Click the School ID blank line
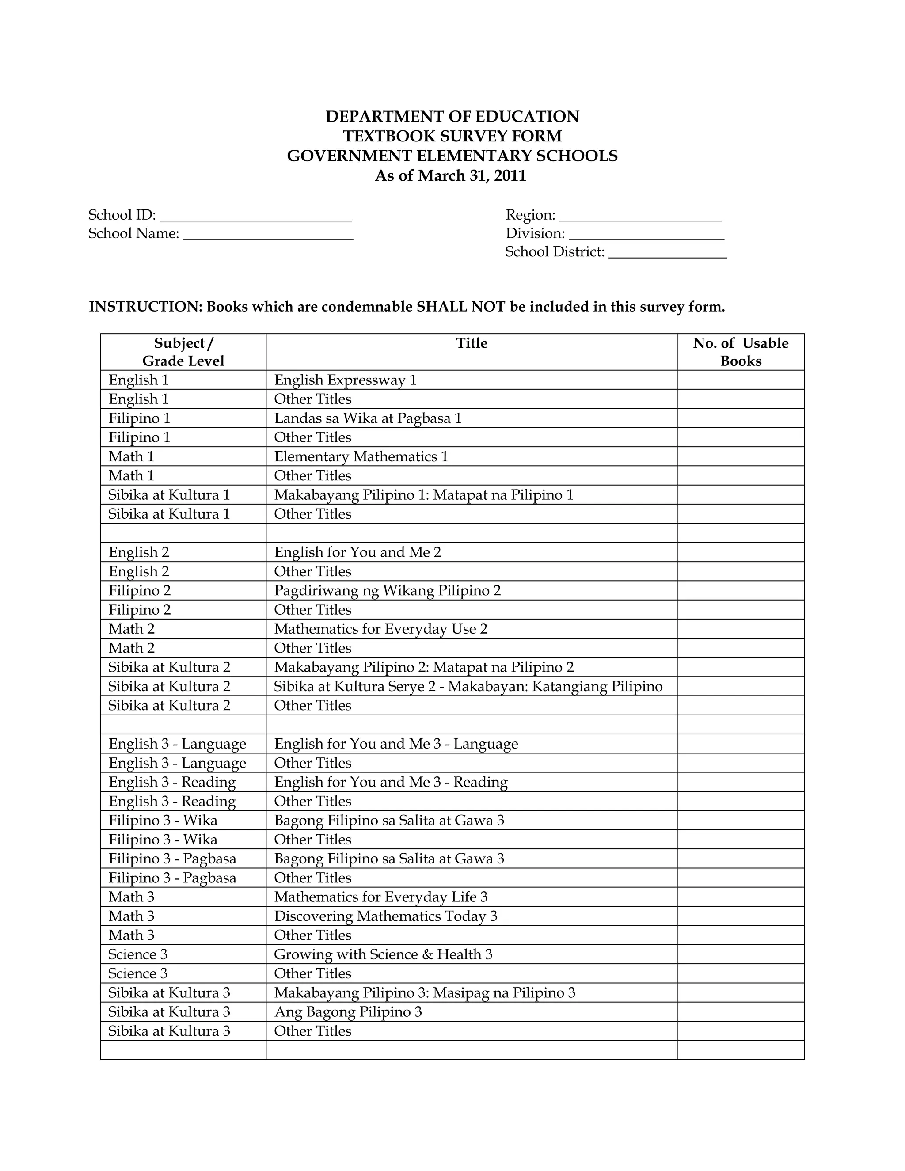coord(256,216)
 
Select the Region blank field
coord(640,217)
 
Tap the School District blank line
coord(668,254)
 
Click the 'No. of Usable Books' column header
coord(741,352)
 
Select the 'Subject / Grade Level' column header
coord(183,352)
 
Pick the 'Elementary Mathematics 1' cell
coord(361,457)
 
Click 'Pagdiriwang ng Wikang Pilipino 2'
coord(387,591)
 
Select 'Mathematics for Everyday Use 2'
coord(380,629)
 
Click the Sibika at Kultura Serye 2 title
coord(468,687)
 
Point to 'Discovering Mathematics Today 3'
coord(385,916)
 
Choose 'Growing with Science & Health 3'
coord(383,955)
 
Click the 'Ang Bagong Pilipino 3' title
coord(348,1012)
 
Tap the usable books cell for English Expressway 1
coord(741,380)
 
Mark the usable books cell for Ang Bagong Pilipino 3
coord(741,1012)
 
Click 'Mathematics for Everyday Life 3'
coord(380,897)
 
